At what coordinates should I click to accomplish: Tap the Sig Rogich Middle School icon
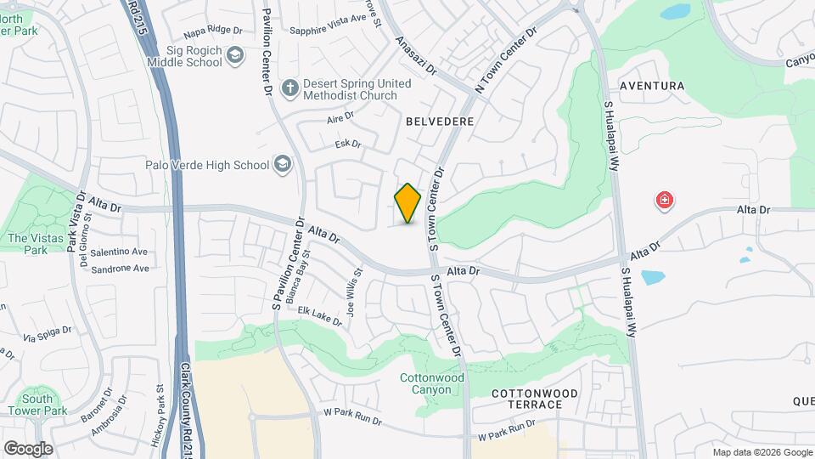click(235, 57)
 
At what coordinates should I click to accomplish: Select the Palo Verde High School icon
click(282, 164)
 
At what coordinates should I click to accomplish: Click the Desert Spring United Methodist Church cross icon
click(289, 88)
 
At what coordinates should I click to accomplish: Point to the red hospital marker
click(664, 201)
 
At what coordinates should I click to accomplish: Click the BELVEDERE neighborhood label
click(440, 122)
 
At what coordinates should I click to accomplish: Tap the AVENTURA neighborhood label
click(652, 86)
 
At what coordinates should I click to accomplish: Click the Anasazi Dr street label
click(415, 54)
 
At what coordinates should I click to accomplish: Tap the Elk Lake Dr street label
click(319, 315)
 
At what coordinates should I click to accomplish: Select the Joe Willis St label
click(356, 288)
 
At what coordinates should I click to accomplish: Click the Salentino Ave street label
click(120, 252)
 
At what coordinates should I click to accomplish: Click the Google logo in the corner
click(27, 448)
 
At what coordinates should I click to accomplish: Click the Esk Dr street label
click(348, 144)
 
